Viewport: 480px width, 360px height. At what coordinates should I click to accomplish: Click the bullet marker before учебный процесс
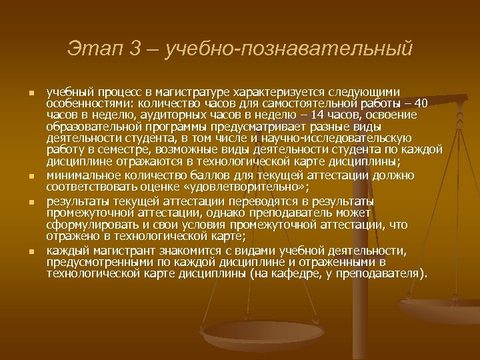31,92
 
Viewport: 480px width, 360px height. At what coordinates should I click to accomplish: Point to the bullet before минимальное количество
31,176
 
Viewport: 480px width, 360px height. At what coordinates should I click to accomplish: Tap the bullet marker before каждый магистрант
31,251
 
